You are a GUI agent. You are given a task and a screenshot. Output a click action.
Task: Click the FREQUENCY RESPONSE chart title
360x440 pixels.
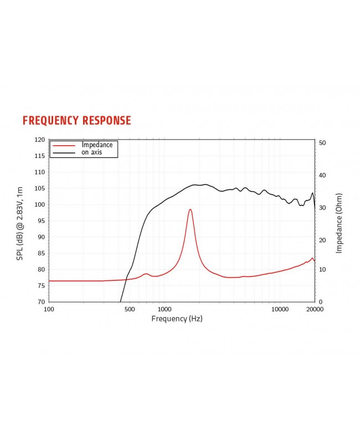click(76, 121)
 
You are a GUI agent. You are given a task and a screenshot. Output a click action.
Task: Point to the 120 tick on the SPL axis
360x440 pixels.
click(39, 140)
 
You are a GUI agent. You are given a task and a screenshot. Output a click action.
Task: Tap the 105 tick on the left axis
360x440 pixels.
click(39, 189)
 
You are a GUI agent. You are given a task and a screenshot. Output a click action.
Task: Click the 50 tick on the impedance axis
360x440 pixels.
click(323, 143)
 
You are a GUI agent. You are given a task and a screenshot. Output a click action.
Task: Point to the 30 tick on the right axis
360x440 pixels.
click(323, 208)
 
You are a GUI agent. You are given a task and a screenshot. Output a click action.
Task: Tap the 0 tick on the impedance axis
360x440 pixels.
click(321, 302)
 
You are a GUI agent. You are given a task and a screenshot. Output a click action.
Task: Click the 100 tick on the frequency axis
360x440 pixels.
click(49, 309)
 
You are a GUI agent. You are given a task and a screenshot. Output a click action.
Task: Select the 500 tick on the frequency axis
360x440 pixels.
click(129, 309)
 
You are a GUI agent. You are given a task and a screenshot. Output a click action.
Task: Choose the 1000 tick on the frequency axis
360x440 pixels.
click(163, 309)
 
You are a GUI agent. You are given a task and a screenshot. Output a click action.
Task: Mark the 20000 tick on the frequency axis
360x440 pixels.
click(314, 309)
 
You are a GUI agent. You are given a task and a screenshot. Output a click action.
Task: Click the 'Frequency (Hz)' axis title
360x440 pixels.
click(177, 319)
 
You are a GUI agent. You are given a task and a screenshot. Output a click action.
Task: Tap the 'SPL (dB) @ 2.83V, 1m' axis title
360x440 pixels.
click(20, 224)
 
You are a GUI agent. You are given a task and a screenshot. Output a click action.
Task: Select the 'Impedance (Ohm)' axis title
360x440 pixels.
click(339, 223)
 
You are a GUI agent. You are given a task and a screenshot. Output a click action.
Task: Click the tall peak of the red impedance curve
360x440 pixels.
click(190, 209)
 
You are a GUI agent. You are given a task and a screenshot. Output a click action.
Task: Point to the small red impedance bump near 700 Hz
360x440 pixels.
click(146, 274)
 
